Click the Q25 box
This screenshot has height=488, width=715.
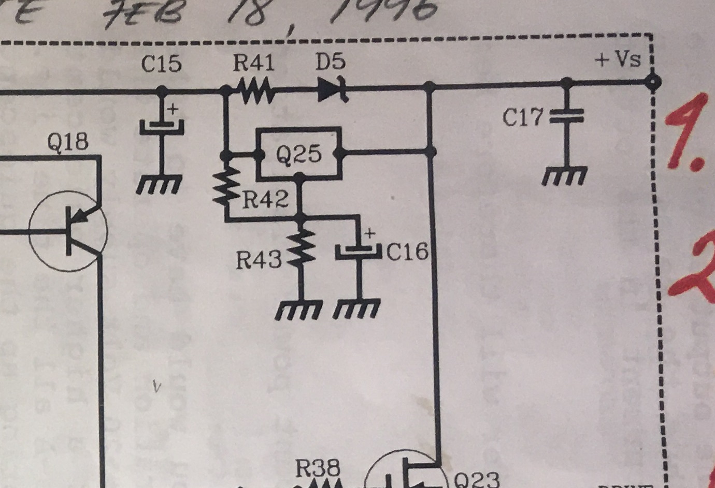(299, 154)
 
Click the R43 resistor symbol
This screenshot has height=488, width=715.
(301, 248)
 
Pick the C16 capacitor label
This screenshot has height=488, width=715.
(408, 253)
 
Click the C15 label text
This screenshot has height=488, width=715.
(162, 64)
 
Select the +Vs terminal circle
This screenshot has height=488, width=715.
(653, 81)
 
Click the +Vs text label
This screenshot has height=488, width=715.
(619, 60)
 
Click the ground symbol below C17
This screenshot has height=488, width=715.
(565, 176)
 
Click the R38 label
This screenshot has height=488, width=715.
(318, 469)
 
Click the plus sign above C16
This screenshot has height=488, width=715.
(370, 233)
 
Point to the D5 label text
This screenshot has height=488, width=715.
(330, 63)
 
